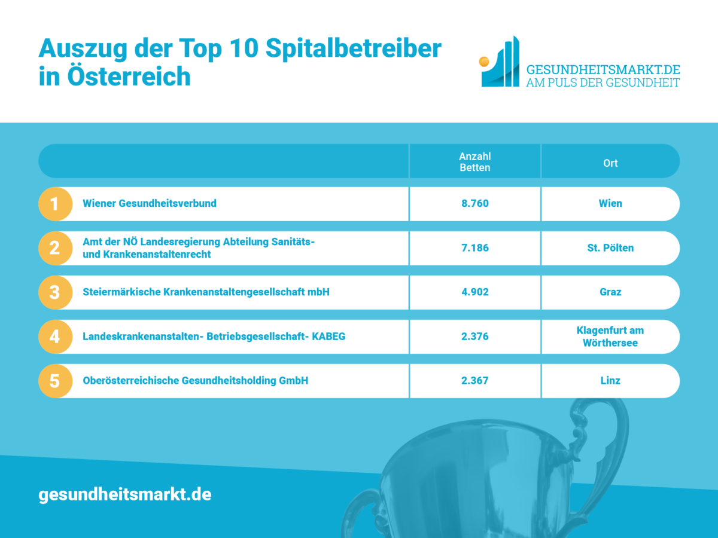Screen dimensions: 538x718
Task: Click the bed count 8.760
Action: pyautogui.click(x=474, y=203)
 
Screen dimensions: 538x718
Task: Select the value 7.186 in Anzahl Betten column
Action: pyautogui.click(x=474, y=247)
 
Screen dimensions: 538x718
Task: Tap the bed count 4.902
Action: pyautogui.click(x=474, y=292)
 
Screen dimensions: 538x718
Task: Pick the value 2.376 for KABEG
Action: pyautogui.click(x=474, y=336)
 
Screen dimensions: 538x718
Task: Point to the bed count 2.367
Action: pyautogui.click(x=474, y=380)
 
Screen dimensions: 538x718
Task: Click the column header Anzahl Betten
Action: pyautogui.click(x=474, y=162)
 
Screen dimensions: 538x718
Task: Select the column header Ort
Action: pyautogui.click(x=610, y=163)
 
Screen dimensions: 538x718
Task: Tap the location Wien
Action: pyautogui.click(x=610, y=203)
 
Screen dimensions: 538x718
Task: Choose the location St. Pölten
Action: pyautogui.click(x=610, y=247)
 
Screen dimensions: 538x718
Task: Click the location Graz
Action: pyautogui.click(x=610, y=292)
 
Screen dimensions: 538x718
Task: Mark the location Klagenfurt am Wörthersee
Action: pyautogui.click(x=610, y=337)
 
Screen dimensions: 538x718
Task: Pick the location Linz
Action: pyautogui.click(x=610, y=380)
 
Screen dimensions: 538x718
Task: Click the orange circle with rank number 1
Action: pyautogui.click(x=55, y=204)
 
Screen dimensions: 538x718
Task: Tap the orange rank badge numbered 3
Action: pyautogui.click(x=55, y=292)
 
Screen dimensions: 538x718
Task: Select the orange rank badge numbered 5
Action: pyautogui.click(x=55, y=381)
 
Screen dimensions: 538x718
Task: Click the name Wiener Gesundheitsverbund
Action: pyautogui.click(x=150, y=203)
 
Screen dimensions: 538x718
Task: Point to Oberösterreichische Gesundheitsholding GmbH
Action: pyautogui.click(x=195, y=380)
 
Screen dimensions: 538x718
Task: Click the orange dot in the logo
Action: pyautogui.click(x=485, y=61)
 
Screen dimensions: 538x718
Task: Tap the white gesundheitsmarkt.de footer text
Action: pyautogui.click(x=125, y=495)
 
